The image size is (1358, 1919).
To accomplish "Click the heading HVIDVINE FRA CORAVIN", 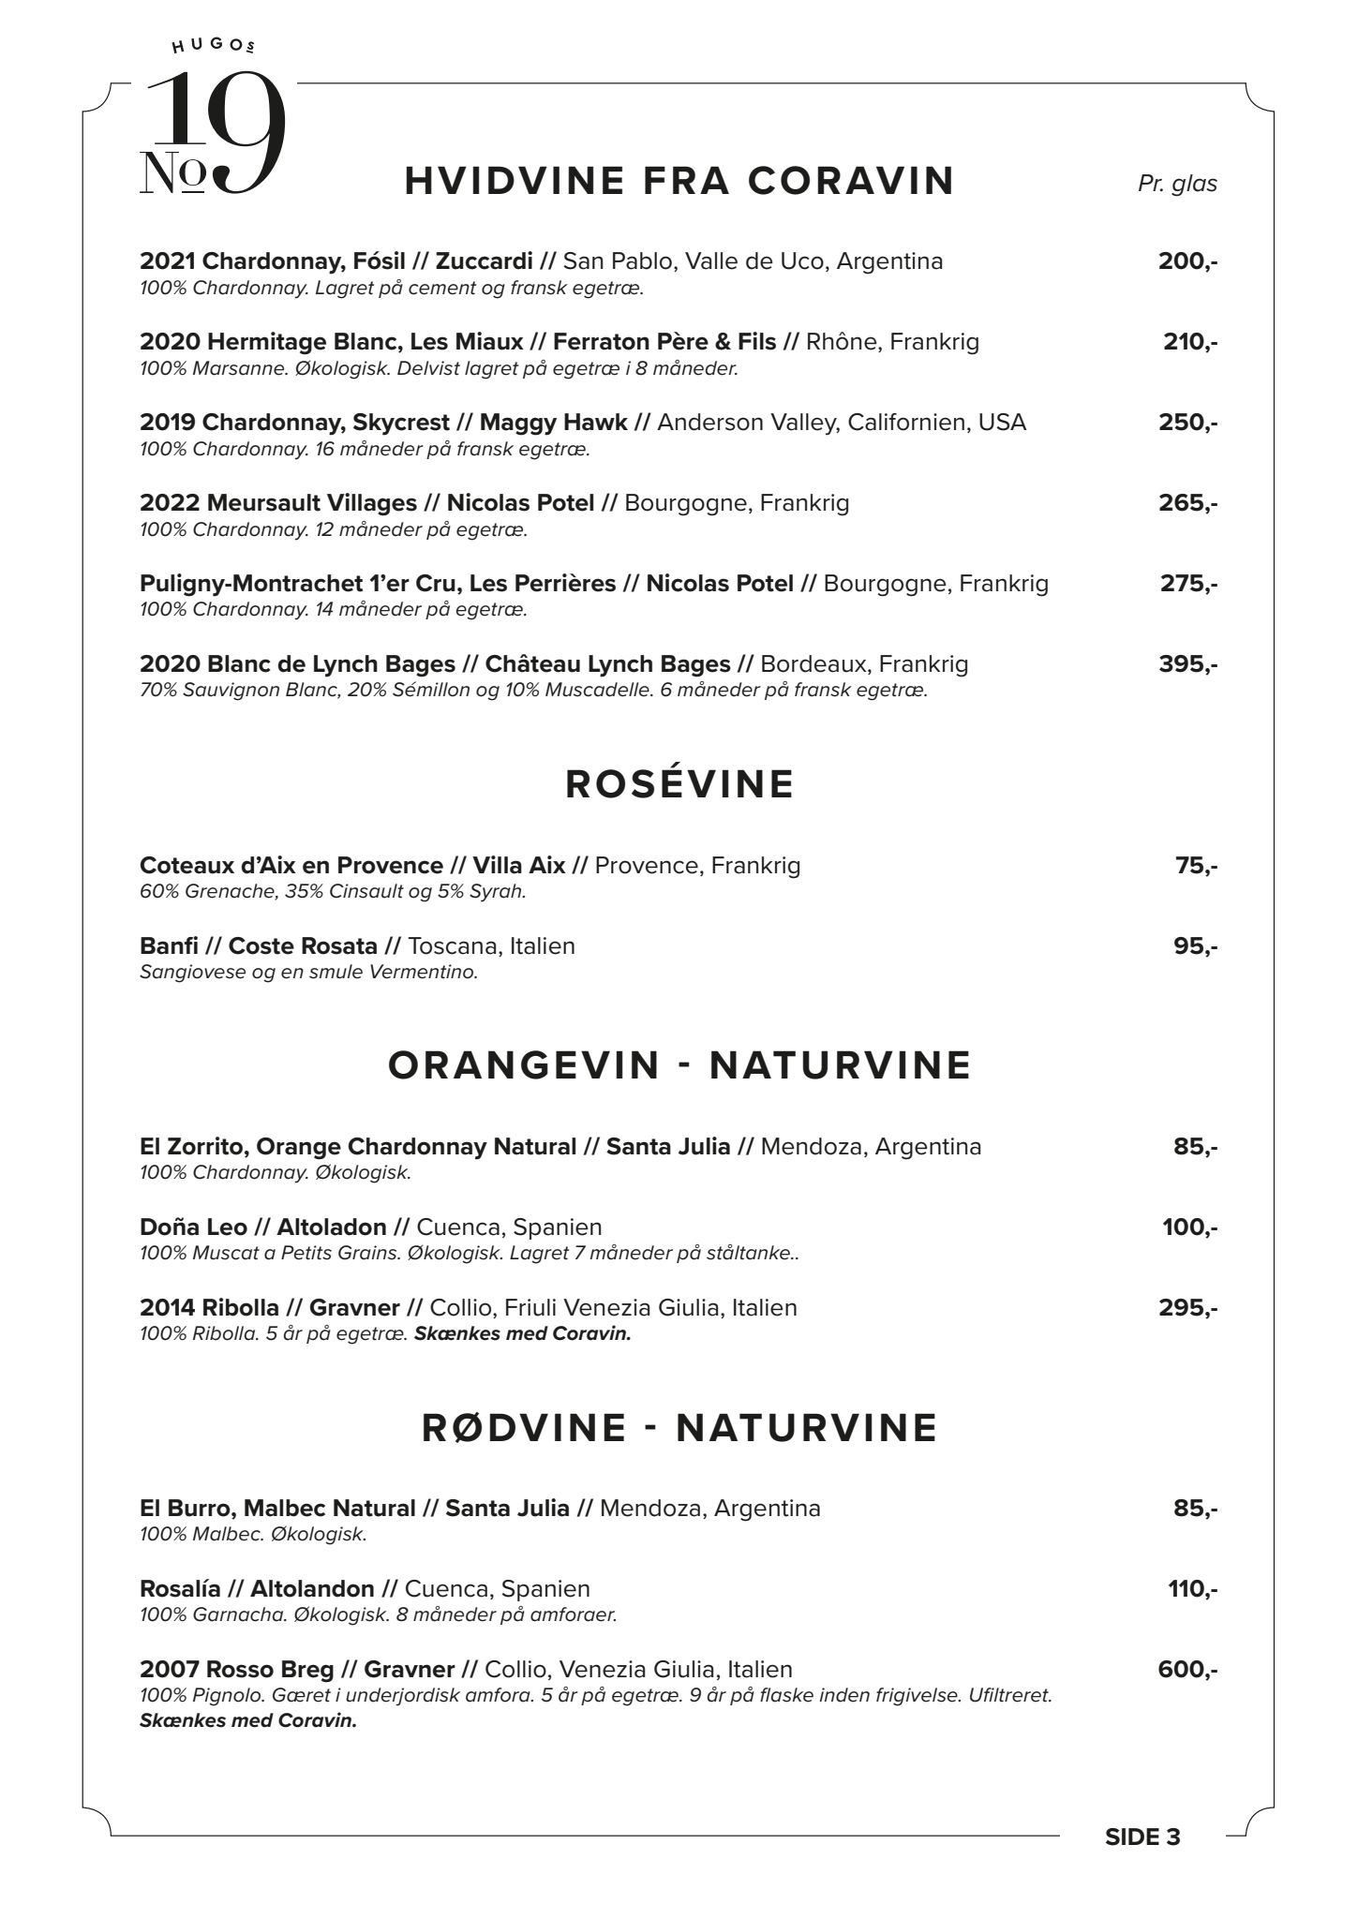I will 679,181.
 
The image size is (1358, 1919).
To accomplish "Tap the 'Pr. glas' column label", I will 1177,184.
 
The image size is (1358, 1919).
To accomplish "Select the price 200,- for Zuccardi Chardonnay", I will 1187,261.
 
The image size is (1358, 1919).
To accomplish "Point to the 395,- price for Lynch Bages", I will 1187,664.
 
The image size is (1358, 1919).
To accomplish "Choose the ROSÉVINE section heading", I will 679,784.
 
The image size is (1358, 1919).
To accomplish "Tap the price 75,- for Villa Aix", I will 1196,865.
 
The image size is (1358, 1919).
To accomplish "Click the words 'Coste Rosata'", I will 303,945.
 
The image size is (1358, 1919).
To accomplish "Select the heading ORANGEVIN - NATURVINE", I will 679,1065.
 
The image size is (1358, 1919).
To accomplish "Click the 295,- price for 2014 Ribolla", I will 1187,1307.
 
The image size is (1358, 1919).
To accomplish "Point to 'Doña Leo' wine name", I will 193,1227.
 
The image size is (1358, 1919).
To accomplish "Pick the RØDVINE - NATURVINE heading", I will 679,1428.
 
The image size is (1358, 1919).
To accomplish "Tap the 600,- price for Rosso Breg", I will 1187,1669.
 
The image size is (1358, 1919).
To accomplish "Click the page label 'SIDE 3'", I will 1142,1837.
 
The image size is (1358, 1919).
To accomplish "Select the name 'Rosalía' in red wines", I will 180,1588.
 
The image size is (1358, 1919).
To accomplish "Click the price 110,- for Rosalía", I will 1192,1588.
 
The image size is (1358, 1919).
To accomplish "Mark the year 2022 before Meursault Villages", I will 170,503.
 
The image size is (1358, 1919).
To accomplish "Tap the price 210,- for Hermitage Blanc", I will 1190,342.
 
